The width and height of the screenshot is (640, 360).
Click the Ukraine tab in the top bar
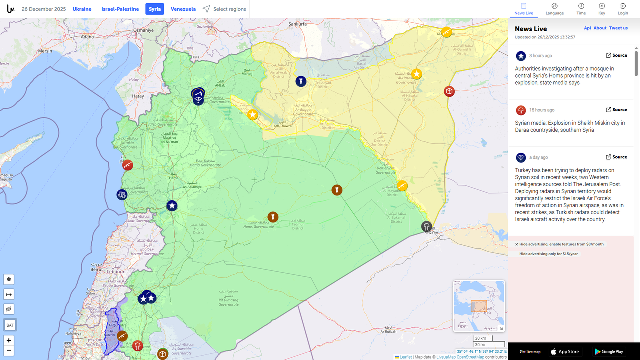[82, 9]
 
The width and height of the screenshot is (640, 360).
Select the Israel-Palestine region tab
[120, 9]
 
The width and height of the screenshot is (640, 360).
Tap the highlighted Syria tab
[155, 9]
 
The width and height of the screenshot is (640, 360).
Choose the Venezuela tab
[183, 9]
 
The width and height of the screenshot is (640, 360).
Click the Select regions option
[224, 9]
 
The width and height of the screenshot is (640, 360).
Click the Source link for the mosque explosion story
[616, 55]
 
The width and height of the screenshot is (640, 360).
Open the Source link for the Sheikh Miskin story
[616, 110]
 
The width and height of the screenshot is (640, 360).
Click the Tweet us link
[618, 28]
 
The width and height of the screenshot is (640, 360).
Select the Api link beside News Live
[587, 28]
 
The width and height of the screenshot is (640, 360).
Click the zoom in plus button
[9, 340]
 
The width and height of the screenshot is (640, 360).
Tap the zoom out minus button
[9, 351]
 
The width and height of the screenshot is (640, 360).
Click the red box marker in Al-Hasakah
[449, 91]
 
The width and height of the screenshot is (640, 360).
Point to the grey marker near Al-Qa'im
[426, 226]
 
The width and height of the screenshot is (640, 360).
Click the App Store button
[564, 352]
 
